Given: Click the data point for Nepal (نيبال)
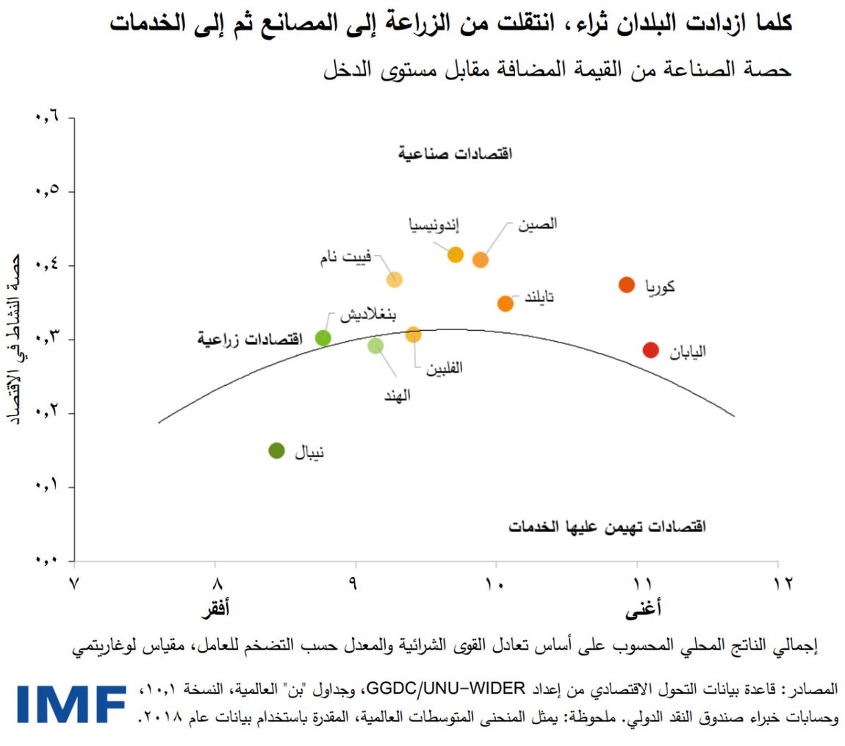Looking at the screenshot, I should coord(276,451).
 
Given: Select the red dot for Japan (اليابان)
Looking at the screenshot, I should coord(650,350).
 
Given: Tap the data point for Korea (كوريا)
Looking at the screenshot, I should coord(626,284).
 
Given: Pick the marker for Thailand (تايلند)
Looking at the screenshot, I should coord(505,304).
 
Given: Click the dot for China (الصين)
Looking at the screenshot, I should coord(480,259).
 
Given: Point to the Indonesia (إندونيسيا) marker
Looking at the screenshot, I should coord(456,255).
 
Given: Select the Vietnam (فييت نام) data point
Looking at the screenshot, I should coord(395,279).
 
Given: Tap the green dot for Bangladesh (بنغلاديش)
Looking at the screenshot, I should coord(323,338).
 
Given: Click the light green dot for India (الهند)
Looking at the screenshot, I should coord(375,345).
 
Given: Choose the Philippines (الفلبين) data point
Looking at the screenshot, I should coord(414,335).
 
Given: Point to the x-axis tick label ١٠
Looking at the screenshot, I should coord(495,584).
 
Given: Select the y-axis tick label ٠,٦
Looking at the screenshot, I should coord(46,118).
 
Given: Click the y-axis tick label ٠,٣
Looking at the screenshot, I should coord(46,340).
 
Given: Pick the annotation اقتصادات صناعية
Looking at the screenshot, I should coord(455,154).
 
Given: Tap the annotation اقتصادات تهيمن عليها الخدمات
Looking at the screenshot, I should coord(607,527).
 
